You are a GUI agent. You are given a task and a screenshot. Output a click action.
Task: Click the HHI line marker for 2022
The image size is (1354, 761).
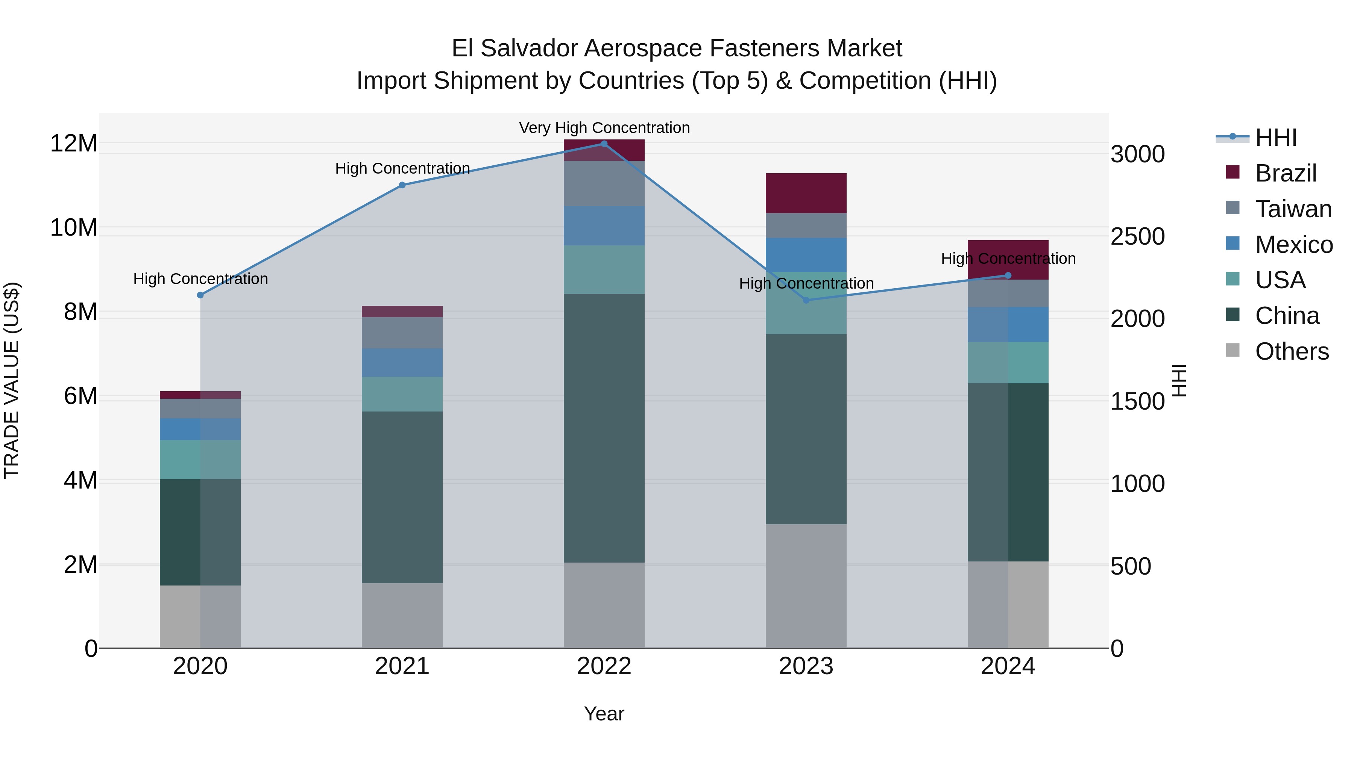(x=604, y=144)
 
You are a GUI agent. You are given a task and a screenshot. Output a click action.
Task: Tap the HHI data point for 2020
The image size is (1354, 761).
(x=200, y=295)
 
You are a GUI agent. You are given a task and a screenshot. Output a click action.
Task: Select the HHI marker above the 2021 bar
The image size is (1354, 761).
(x=402, y=185)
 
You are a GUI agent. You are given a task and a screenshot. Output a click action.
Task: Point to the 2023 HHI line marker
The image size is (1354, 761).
(x=806, y=300)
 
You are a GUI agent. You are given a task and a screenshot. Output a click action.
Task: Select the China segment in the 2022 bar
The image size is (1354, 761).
(x=604, y=428)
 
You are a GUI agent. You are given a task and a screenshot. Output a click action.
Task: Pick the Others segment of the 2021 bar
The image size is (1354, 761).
(x=402, y=616)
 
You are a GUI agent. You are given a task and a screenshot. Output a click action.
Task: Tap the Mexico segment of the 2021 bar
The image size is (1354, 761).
(x=402, y=362)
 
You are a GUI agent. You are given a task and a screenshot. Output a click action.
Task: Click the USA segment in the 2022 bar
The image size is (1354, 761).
(x=604, y=269)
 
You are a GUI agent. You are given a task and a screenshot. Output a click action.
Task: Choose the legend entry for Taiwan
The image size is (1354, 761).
(x=1293, y=209)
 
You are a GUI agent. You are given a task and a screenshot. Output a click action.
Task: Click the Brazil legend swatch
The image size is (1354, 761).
(x=1233, y=172)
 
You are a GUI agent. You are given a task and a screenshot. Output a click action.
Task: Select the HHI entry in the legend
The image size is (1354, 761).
(x=1276, y=138)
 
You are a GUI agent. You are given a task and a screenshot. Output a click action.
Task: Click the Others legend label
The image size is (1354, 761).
(x=1292, y=351)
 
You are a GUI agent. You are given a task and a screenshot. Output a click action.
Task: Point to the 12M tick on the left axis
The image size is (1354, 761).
(x=74, y=144)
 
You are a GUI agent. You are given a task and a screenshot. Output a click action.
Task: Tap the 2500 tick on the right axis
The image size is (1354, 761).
(x=1137, y=237)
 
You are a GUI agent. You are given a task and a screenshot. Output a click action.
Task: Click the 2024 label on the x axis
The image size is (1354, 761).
(x=1008, y=666)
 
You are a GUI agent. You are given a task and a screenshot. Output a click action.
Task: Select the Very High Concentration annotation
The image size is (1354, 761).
(x=604, y=128)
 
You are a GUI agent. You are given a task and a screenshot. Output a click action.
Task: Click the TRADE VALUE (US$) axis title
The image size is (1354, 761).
(x=12, y=380)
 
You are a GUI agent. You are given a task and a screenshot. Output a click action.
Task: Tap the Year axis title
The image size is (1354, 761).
(x=604, y=714)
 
